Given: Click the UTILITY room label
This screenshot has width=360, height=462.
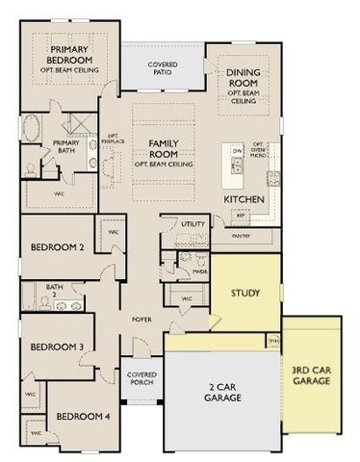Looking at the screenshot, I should coord(193,224).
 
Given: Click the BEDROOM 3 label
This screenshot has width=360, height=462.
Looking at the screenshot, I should coord(57,346).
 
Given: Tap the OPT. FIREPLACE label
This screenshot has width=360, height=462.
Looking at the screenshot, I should coord(112,141).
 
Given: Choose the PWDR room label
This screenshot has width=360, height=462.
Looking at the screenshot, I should coord(200,270).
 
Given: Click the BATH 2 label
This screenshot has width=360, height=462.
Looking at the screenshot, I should coord(54,289).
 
